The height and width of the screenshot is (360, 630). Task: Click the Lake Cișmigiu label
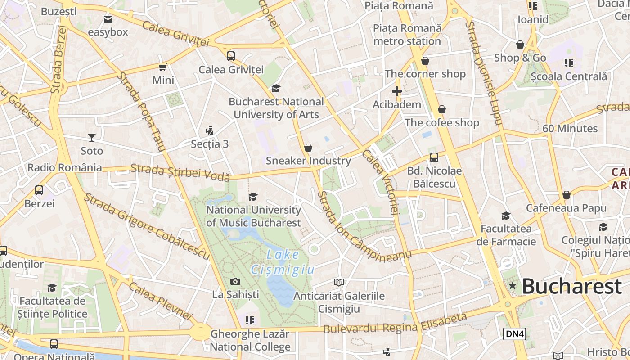(x=282, y=262)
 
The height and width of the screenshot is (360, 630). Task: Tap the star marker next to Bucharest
(x=512, y=286)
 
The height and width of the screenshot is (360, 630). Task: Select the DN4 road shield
(x=514, y=333)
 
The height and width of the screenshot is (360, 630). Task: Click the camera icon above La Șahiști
(x=235, y=282)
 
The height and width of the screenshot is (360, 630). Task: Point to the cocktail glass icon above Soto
(x=92, y=138)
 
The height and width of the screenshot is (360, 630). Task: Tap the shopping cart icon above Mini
(x=163, y=67)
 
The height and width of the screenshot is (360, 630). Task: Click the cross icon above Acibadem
(x=396, y=92)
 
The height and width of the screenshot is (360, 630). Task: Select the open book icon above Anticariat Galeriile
(x=339, y=282)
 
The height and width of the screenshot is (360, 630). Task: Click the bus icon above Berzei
(x=39, y=190)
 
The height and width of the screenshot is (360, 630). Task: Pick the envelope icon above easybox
(x=108, y=19)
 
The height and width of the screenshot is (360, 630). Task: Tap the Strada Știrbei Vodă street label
(x=180, y=173)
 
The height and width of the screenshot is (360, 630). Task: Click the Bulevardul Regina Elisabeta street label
(x=395, y=324)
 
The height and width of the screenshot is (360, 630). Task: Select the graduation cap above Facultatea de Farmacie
(x=506, y=216)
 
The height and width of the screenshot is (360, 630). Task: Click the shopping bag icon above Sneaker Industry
(x=308, y=148)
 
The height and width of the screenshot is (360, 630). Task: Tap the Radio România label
(x=65, y=168)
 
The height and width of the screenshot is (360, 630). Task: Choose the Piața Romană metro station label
(x=407, y=35)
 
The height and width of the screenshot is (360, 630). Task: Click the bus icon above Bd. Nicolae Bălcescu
(x=434, y=157)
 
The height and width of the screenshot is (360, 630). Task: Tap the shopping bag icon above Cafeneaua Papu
(x=566, y=195)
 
